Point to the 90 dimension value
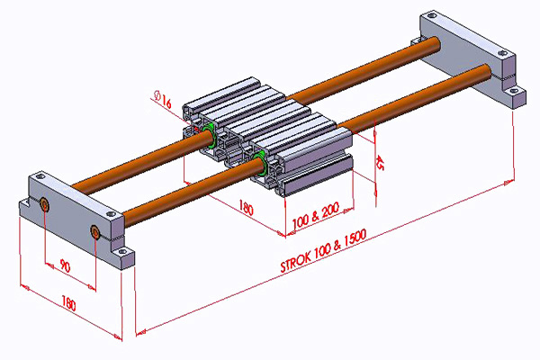65,267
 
